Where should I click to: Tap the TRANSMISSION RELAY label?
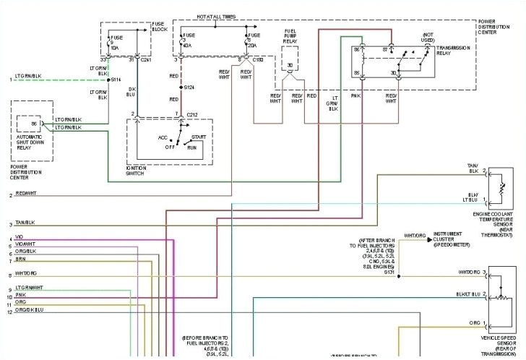click(454, 51)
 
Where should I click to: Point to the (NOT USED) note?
click(428, 36)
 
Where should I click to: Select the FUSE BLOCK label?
click(158, 27)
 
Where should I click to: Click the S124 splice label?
click(189, 87)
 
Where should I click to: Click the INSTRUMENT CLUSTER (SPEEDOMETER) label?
click(452, 239)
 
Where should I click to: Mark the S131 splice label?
click(389, 272)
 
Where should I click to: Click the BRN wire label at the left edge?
click(20, 259)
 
